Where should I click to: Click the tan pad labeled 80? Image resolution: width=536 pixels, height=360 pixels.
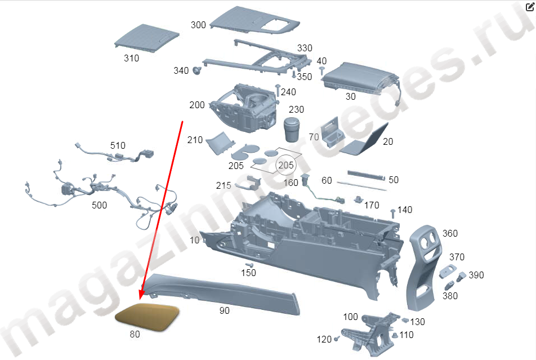click(148, 317)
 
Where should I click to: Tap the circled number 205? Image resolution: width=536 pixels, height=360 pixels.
click(286, 165)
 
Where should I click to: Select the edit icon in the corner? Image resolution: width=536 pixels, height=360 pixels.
click(529, 7)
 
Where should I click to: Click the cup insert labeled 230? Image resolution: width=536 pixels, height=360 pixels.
click(292, 130)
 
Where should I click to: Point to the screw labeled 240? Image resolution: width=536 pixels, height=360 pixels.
click(278, 91)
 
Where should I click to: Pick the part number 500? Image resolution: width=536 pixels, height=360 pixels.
click(99, 205)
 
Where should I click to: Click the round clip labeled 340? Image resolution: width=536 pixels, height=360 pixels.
click(197, 70)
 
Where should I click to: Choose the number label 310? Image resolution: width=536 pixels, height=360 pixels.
click(131, 58)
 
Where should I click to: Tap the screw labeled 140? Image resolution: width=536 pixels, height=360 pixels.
click(393, 214)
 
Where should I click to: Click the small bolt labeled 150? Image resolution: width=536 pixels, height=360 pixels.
click(250, 265)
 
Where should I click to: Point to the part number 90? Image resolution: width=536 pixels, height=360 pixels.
click(224, 310)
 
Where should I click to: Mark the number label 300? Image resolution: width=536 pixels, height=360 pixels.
click(198, 25)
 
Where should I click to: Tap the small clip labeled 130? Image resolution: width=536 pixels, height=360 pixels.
click(405, 321)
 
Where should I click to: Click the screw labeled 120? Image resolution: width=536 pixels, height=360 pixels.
click(337, 339)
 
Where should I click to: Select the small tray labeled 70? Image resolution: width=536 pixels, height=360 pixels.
click(332, 133)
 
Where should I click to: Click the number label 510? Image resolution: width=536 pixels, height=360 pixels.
click(118, 145)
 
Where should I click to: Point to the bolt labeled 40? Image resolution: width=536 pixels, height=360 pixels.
click(321, 71)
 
